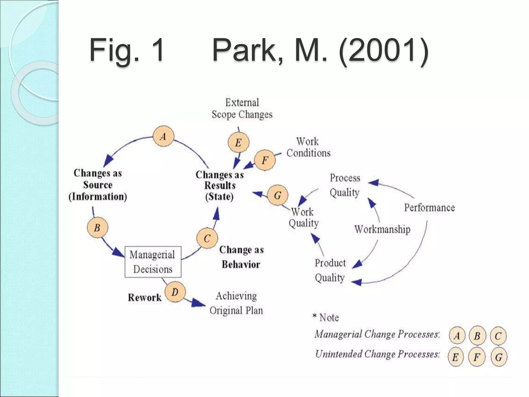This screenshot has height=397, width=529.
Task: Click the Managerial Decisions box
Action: click(153, 262)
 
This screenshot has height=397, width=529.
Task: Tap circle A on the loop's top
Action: click(163, 136)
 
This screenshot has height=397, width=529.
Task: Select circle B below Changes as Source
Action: click(97, 228)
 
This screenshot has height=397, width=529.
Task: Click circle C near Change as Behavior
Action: click(207, 238)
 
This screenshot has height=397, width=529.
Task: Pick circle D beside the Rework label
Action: click(175, 292)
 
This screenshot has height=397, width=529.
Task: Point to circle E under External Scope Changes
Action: click(238, 142)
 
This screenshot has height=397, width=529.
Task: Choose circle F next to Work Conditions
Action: click(265, 160)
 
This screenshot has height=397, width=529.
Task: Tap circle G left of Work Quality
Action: click(278, 195)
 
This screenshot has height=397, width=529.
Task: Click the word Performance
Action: click(429, 208)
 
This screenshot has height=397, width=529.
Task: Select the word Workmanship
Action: click(382, 229)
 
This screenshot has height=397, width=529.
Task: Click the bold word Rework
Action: click(145, 297)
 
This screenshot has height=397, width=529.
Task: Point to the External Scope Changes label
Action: click(242, 109)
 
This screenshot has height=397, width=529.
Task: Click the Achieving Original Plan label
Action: click(236, 303)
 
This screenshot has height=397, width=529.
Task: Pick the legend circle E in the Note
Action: click(455, 357)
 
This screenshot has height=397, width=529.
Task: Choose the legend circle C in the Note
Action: click(498, 336)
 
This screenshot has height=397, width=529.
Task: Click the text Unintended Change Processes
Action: click(377, 354)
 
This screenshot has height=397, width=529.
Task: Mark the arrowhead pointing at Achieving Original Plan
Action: click(199, 303)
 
